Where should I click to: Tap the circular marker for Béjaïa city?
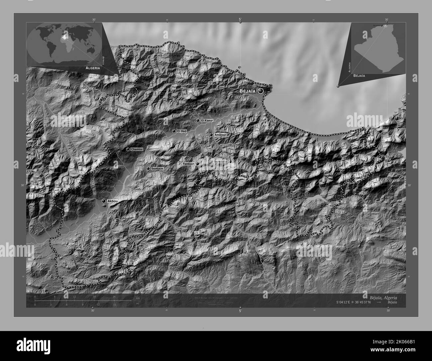[x=261, y=91]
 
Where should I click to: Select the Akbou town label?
[x=113, y=201]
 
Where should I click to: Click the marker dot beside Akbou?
[x=104, y=201]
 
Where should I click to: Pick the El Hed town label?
[x=181, y=131]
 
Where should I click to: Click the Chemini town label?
[x=137, y=150]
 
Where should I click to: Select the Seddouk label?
[x=157, y=169]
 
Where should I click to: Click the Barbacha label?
[x=220, y=162]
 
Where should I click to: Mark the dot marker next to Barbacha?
[x=230, y=162]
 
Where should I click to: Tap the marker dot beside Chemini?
[x=128, y=149]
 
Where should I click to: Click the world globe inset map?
[x=64, y=43]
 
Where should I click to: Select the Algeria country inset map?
[x=378, y=48]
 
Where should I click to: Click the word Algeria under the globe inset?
[x=93, y=68]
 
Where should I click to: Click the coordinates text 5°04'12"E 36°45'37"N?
[x=360, y=302]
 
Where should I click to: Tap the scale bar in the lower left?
[x=75, y=301]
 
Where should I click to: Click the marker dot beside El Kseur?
[x=198, y=120]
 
